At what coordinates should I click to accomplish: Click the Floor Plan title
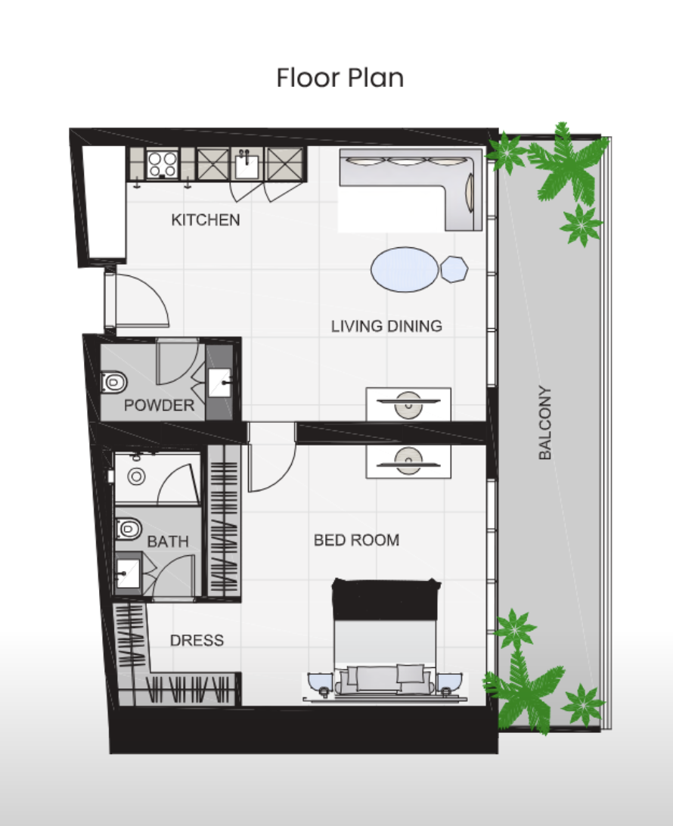tap(340, 77)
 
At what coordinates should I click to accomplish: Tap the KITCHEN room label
tap(206, 219)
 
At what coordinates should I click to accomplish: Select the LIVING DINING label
tap(386, 326)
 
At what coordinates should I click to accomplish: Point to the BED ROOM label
tap(356, 540)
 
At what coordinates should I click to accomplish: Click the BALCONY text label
tap(545, 423)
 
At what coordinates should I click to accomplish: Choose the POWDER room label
tap(159, 405)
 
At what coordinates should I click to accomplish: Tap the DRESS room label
tap(197, 640)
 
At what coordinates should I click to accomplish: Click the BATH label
tap(168, 542)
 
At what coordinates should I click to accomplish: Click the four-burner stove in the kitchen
tap(162, 164)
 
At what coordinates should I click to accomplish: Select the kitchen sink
tap(246, 165)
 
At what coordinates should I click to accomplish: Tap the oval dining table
tap(405, 269)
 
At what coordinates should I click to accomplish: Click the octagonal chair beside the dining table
tap(454, 269)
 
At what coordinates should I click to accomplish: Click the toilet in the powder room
tap(114, 382)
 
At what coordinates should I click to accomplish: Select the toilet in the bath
tap(129, 529)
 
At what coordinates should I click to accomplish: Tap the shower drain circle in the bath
tap(136, 477)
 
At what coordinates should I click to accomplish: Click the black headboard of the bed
tap(386, 600)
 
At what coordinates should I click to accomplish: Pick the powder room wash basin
tap(219, 383)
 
